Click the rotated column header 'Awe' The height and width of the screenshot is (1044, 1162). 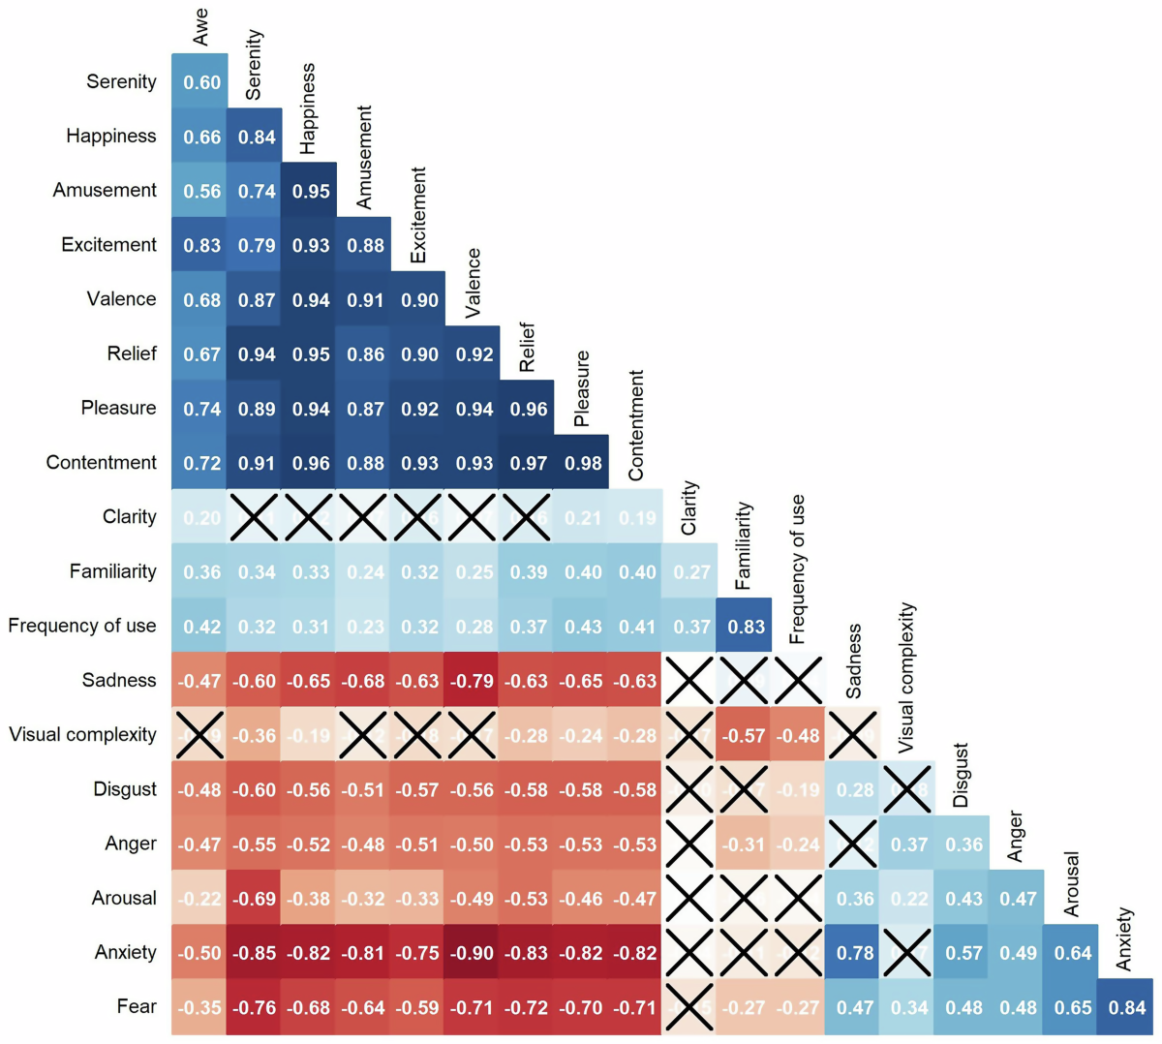(x=200, y=27)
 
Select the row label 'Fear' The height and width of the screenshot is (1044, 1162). (x=137, y=1006)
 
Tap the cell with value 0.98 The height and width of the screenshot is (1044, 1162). (x=583, y=463)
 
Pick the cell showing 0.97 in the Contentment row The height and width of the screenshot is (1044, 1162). (x=529, y=463)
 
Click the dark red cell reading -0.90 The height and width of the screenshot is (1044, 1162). (x=474, y=953)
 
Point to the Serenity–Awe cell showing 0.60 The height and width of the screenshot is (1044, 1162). (x=201, y=82)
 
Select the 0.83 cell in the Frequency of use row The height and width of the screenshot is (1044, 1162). (x=746, y=627)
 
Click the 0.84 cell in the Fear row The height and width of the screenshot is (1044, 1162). (x=1126, y=1007)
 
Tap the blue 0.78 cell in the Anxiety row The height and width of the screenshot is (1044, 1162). (x=854, y=953)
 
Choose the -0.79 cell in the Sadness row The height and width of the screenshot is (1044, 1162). (x=474, y=681)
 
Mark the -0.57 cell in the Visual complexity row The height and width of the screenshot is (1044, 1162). (x=746, y=735)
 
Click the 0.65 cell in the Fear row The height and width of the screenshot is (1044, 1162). (x=1072, y=1007)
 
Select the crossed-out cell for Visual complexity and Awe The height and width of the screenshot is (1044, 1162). (x=201, y=735)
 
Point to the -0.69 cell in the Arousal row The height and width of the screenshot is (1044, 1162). (x=257, y=899)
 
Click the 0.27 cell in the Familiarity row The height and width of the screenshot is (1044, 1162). (x=691, y=572)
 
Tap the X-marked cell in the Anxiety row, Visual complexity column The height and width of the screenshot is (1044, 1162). (x=909, y=953)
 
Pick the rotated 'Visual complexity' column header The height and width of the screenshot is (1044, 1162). (x=906, y=678)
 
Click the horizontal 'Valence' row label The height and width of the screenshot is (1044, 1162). (x=121, y=299)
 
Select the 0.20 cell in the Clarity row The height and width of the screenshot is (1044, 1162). (x=201, y=517)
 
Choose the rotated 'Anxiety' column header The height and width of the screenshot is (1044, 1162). (x=1124, y=938)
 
